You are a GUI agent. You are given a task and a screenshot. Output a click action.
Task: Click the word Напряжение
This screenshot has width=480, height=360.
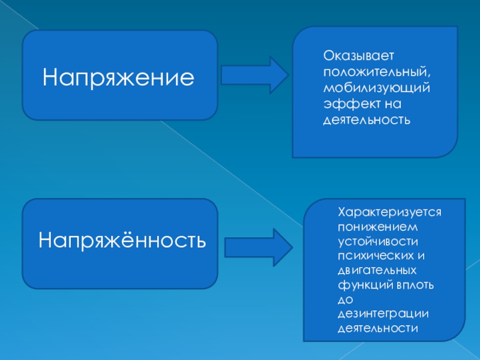pos(119,76)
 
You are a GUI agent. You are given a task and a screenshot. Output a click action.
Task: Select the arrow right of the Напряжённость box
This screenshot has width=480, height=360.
pos(257,245)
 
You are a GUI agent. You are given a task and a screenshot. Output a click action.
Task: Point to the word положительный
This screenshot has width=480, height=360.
pos(376,72)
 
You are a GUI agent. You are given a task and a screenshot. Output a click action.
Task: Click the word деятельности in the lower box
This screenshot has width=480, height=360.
pos(377,329)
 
